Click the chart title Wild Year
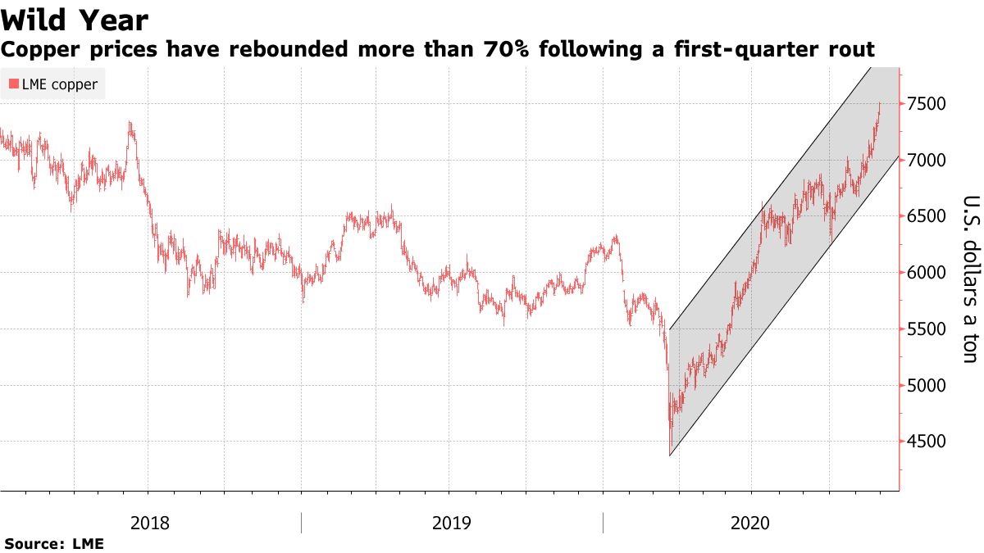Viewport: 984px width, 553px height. (75, 20)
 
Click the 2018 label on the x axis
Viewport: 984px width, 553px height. (150, 523)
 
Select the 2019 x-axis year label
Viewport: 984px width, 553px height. (452, 523)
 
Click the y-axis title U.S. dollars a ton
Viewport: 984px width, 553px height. (969, 279)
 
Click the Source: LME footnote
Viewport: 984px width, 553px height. (54, 543)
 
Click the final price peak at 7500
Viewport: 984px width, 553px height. (880, 103)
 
